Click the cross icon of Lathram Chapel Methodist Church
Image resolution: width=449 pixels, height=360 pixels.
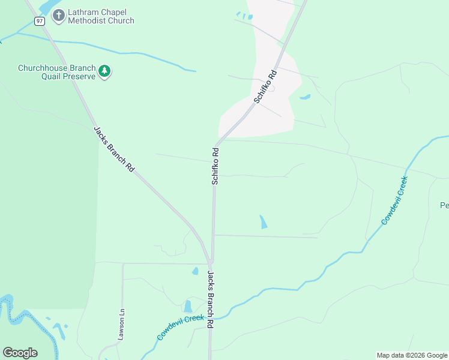(58, 15)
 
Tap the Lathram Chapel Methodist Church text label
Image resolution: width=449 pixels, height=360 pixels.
(101, 16)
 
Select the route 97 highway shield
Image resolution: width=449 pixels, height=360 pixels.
(40, 20)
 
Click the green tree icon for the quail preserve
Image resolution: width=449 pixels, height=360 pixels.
(105, 71)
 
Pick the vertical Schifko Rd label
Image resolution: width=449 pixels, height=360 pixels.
(215, 166)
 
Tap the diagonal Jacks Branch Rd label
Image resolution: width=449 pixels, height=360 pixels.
(113, 150)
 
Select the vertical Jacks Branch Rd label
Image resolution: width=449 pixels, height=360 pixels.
(211, 299)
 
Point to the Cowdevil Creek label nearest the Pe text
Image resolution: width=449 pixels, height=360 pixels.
(394, 200)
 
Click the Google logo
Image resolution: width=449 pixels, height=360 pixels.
(20, 353)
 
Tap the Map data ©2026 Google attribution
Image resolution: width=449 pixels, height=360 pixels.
(412, 355)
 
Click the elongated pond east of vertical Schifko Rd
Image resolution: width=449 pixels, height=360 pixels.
(263, 222)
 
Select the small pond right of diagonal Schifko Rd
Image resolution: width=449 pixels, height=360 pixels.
(305, 97)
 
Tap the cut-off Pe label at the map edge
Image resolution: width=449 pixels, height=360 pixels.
(444, 205)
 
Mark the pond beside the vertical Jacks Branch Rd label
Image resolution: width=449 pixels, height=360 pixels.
(188, 306)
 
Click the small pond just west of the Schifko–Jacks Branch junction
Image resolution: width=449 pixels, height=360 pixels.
(195, 271)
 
